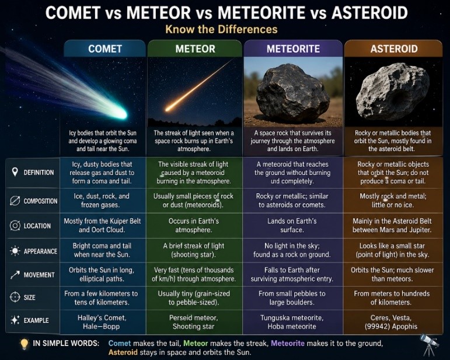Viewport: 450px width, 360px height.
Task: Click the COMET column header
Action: coord(105,49)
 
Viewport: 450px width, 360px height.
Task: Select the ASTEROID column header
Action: coord(394,49)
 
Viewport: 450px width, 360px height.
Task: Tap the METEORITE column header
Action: coord(293,49)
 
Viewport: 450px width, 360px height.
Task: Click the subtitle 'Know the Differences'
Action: coord(222,29)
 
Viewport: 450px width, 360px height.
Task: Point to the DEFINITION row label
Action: coord(39,172)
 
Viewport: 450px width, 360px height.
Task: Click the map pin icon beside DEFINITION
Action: coord(15,172)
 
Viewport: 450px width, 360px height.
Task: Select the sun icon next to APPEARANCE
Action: coord(15,251)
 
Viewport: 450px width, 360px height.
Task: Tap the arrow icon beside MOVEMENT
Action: coord(15,275)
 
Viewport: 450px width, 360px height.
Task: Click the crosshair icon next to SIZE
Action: coord(15,297)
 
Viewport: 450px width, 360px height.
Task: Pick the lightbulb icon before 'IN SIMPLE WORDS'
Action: coord(25,344)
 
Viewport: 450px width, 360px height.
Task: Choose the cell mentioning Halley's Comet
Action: coord(103,322)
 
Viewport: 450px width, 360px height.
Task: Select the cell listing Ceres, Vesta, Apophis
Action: coord(392,322)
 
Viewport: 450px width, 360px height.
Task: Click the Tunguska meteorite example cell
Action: coord(292,322)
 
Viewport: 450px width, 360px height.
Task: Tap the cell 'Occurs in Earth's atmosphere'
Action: coord(194,225)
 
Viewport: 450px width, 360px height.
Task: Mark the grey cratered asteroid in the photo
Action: coord(393,92)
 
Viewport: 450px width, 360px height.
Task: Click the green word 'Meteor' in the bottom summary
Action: coord(196,343)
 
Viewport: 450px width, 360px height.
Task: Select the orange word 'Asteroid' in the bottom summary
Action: coord(123,352)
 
